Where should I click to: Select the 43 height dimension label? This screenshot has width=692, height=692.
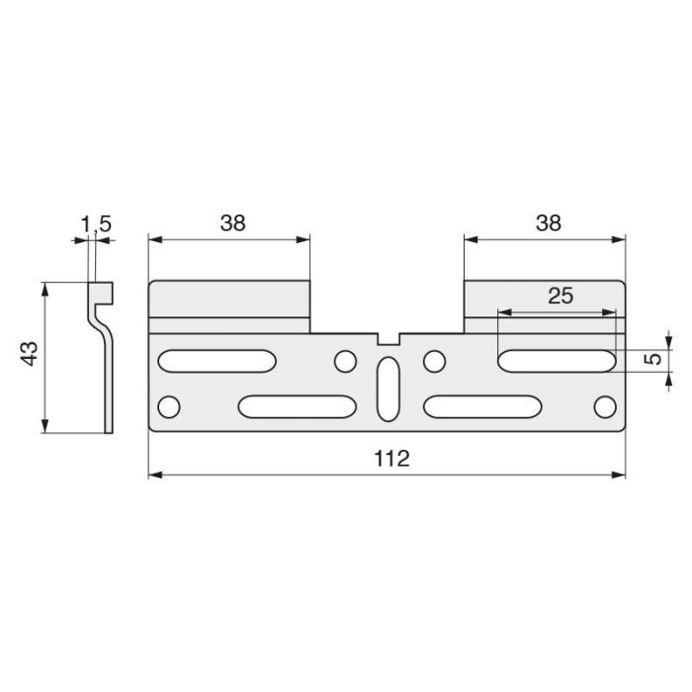click(29, 355)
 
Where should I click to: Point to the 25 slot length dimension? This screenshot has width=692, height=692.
click(559, 296)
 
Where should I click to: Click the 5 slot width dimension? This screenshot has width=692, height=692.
click(652, 359)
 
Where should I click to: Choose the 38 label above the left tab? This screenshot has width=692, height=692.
click(231, 222)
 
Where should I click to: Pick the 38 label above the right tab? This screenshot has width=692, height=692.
click(548, 222)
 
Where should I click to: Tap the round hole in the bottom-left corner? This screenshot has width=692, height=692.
click(170, 406)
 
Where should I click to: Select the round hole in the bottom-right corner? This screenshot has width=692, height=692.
click(604, 406)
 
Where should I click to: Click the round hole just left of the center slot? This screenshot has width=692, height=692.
click(344, 362)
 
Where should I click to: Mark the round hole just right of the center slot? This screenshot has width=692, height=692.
click(432, 362)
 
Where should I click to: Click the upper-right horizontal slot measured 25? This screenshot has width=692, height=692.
click(558, 361)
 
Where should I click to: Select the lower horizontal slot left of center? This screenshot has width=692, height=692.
click(297, 406)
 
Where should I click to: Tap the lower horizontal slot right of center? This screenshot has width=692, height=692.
click(482, 406)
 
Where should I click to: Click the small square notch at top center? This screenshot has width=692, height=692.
click(388, 338)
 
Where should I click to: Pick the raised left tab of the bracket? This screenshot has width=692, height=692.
click(229, 299)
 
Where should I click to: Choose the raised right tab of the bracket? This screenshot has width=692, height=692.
click(545, 299)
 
